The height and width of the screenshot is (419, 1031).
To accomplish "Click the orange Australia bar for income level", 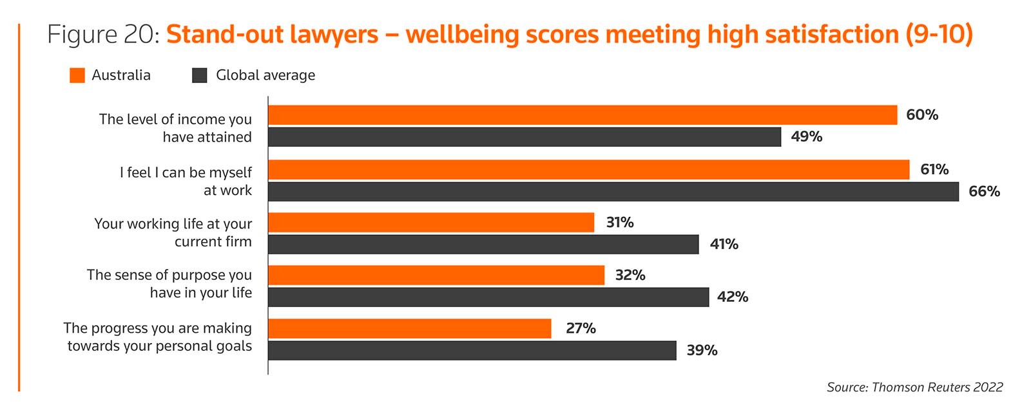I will tap(583, 115).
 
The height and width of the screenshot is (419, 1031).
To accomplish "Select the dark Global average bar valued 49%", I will tap(525, 137).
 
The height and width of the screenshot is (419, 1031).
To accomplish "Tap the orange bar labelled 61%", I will tap(588, 170).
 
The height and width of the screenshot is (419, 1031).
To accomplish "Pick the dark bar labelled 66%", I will tap(613, 192).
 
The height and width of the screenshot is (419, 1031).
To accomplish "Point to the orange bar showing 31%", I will tap(431, 223).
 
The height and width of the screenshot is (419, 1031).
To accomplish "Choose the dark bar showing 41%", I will tap(483, 245).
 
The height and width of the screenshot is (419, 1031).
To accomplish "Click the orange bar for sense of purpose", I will tap(436, 275).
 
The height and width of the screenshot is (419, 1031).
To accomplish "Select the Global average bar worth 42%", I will tap(488, 297).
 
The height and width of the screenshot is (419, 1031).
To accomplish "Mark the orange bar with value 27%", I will tap(410, 328).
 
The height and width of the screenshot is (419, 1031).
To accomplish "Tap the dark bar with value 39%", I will tap(472, 351).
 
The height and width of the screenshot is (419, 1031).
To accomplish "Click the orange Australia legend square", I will tap(77, 75).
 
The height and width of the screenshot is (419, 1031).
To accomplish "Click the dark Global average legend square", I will tap(200, 75).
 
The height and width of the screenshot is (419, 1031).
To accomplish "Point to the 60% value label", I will tap(921, 115).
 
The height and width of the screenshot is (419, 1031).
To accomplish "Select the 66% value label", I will tap(984, 192).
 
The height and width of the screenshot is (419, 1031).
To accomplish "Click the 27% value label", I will tap(581, 328).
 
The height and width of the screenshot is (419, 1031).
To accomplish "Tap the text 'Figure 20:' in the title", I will tap(103, 35).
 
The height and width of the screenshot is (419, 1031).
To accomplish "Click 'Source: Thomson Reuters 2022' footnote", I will tap(914, 387).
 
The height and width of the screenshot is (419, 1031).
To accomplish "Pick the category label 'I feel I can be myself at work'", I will tap(186, 182).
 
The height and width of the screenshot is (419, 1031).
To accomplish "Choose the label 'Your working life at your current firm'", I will tap(173, 232).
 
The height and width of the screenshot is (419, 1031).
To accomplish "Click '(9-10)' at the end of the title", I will tap(938, 35).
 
